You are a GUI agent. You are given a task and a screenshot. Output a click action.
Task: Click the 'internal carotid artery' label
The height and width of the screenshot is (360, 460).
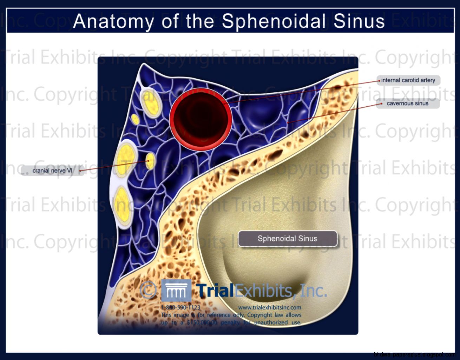click(408, 80)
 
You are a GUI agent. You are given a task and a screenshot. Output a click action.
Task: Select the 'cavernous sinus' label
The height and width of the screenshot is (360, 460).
click(407, 104)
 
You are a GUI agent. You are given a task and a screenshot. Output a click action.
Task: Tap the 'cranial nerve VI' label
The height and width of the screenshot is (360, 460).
click(52, 171)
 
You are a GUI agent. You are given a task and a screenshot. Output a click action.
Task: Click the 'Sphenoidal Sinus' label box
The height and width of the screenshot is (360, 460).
click(287, 239)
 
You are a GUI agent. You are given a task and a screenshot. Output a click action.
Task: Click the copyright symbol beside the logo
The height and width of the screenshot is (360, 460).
click(149, 291)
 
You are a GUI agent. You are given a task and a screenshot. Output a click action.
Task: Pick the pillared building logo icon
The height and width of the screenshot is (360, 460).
click(176, 291)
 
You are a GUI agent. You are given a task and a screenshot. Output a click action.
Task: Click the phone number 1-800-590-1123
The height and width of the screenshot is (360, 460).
click(180, 307)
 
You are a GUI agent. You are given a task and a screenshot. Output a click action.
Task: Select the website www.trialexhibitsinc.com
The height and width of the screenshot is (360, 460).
click(270, 307)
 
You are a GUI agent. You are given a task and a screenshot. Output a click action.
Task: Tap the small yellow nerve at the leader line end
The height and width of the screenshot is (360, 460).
click(150, 161)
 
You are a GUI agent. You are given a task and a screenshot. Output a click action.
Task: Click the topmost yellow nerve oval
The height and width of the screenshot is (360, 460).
click(151, 102)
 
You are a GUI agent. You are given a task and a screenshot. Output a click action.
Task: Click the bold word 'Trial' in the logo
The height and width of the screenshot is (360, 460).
click(215, 291)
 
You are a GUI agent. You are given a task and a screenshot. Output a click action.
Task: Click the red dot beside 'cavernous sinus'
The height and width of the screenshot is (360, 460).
click(382, 104)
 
